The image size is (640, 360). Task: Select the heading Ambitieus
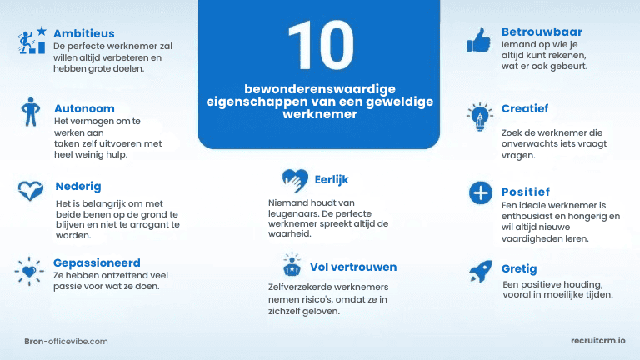[83, 33]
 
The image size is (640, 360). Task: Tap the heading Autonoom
[84, 108]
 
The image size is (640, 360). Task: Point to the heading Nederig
[79, 185]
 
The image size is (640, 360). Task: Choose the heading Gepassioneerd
[97, 262]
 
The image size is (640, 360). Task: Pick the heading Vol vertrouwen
[353, 267]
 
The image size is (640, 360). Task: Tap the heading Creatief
[525, 108]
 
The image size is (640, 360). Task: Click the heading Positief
[526, 192]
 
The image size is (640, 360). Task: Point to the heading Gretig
[519, 269]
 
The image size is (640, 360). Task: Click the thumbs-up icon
[478, 38]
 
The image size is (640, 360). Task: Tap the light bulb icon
[479, 117]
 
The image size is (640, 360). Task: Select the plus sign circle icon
[480, 193]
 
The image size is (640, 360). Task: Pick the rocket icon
[479, 271]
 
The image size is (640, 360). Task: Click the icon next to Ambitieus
[32, 39]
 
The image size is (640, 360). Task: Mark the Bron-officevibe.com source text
[67, 342]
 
